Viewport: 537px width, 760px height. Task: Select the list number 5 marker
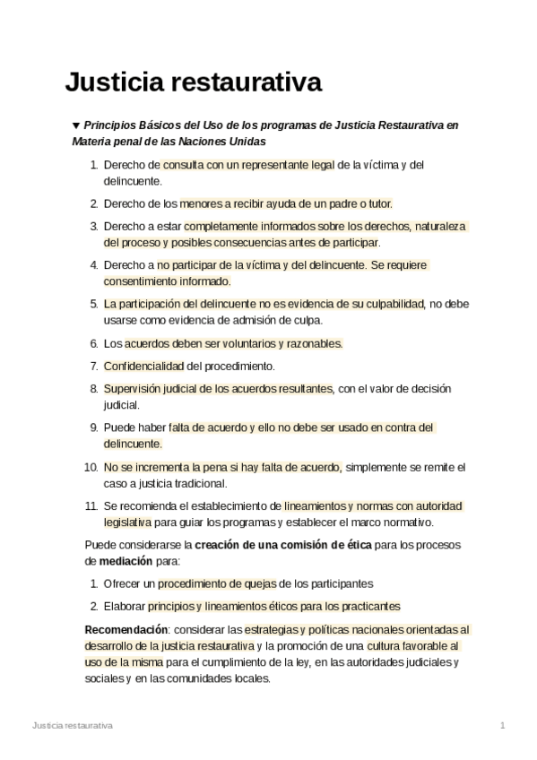(x=93, y=304)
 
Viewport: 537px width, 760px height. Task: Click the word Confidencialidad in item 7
(x=143, y=366)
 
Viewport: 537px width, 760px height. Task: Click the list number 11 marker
(x=91, y=505)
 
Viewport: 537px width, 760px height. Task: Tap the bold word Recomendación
(x=126, y=629)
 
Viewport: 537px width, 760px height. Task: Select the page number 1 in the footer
(x=503, y=724)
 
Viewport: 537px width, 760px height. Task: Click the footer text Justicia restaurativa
(x=72, y=724)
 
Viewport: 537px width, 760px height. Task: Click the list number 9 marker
(x=93, y=427)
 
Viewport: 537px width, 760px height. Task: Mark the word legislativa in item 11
(x=126, y=522)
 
